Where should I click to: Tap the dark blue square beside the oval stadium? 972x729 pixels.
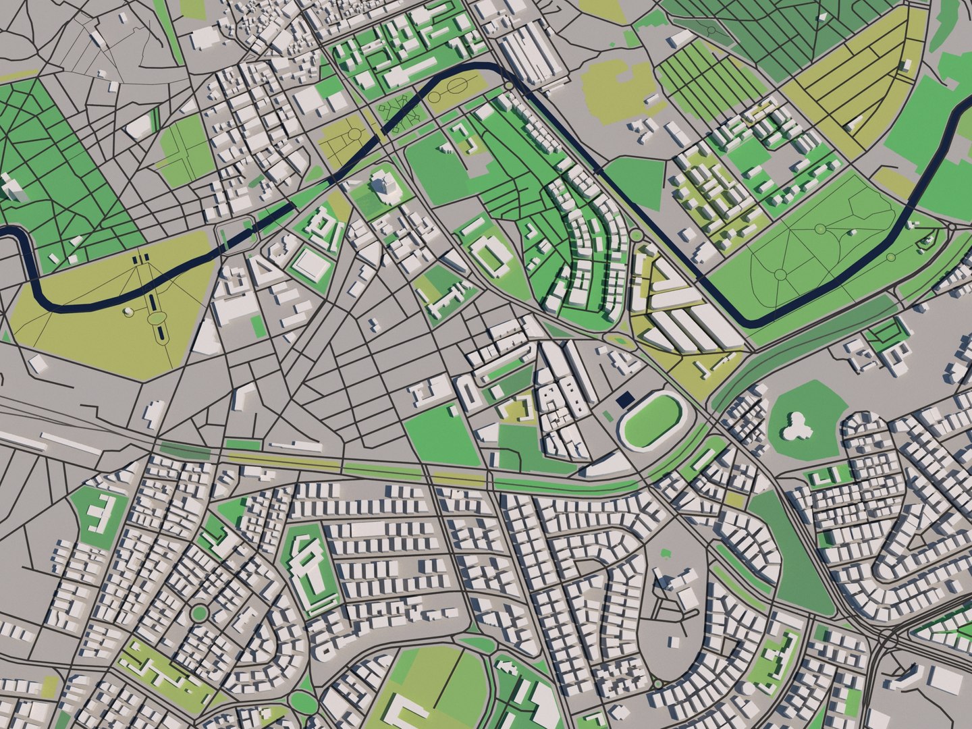click(625, 400)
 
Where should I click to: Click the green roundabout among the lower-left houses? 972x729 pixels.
click(198, 613)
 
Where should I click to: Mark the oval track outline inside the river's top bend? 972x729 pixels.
click(457, 86)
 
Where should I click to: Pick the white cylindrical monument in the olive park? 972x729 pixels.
click(128, 312)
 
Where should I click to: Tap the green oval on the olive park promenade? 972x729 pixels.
click(157, 318)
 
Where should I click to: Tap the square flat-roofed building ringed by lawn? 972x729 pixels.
click(311, 265)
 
